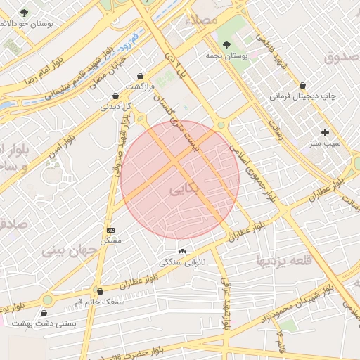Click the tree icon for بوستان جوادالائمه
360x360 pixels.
click(25, 13)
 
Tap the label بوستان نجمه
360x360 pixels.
click(224, 54)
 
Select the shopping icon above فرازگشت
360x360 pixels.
click(141, 76)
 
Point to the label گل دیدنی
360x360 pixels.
click(117, 107)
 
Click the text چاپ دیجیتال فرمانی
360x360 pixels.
click(304, 94)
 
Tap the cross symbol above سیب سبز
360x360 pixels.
click(325, 132)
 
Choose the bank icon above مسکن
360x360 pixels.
click(110, 230)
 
